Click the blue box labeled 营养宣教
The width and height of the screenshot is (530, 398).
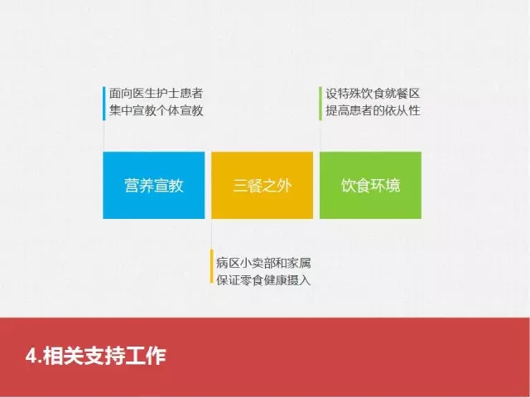point(154,185)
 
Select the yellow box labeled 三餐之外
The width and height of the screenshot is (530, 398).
point(262,185)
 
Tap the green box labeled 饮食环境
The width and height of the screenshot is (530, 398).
point(370,185)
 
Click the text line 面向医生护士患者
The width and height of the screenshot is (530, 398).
point(157,94)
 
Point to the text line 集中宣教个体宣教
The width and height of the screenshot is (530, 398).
point(157,110)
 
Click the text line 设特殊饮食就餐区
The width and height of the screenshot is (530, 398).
point(373,94)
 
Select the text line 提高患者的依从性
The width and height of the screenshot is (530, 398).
point(373,110)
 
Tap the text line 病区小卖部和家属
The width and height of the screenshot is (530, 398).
point(263,264)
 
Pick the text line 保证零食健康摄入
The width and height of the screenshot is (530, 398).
point(263,280)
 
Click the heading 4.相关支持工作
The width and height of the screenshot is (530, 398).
point(96,356)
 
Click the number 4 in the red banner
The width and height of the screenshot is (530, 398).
point(31,357)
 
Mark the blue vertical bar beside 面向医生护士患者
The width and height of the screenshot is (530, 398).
point(104,103)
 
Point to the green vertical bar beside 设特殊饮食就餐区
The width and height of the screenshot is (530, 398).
point(320,103)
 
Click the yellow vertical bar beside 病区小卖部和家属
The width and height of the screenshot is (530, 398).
point(212,266)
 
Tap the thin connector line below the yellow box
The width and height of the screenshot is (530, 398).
point(212,234)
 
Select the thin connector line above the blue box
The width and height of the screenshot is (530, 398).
point(104,136)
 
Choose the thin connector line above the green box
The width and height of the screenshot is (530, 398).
point(320,136)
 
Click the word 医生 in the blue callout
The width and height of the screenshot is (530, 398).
point(144,94)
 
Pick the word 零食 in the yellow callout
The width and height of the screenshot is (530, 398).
point(252,280)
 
